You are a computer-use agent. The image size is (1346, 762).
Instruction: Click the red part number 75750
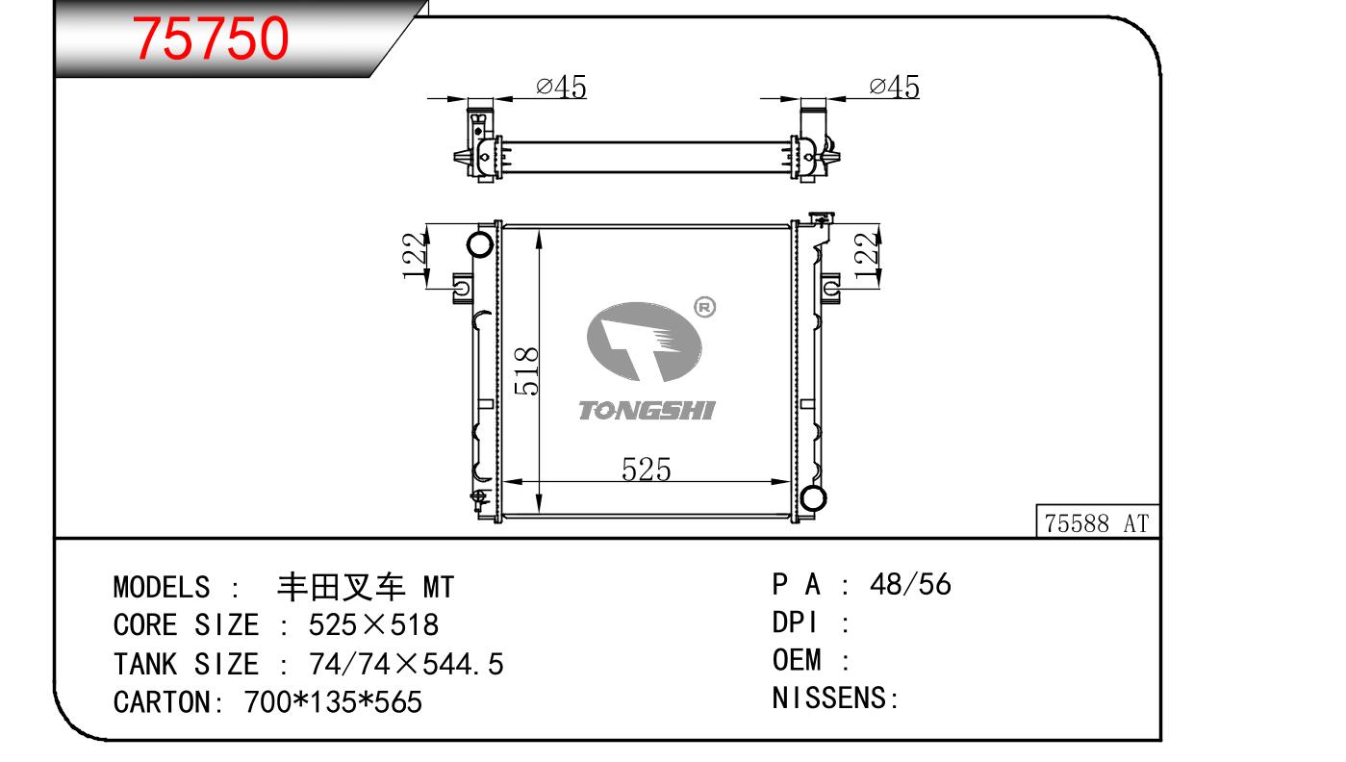(211, 38)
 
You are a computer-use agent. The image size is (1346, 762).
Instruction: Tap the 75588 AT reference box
(1097, 521)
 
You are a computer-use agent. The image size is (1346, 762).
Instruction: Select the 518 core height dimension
(526, 370)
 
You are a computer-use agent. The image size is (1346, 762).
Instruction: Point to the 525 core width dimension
(646, 470)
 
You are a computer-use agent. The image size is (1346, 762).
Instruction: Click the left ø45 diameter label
(561, 87)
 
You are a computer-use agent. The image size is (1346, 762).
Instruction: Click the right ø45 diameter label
(894, 88)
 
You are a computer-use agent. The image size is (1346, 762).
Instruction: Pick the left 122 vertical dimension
(415, 255)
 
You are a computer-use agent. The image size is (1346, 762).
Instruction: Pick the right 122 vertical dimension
(867, 255)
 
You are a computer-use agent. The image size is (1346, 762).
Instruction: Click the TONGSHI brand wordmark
(647, 411)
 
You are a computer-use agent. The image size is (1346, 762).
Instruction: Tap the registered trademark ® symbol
(705, 308)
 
